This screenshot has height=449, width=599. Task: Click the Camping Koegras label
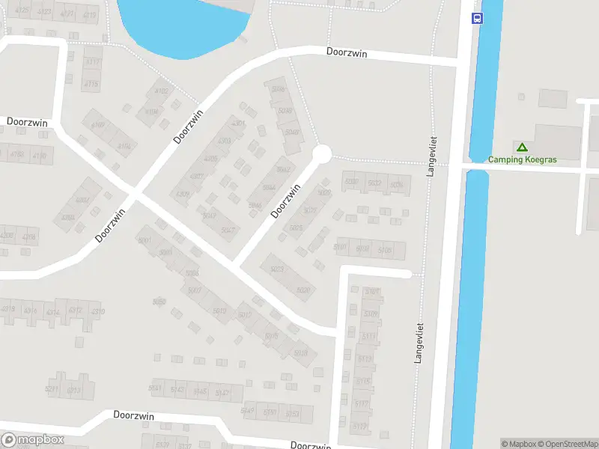[x=523, y=159]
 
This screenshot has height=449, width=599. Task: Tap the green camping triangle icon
[x=522, y=147]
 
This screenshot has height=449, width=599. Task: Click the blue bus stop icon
[x=476, y=18]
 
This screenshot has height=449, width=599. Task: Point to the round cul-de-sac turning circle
[x=321, y=154]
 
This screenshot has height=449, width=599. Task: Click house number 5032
[x=375, y=183]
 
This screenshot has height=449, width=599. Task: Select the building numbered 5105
[x=362, y=248]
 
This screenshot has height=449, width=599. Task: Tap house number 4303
[x=224, y=141]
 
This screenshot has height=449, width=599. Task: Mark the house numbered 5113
[x=362, y=359]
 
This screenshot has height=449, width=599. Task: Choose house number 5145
[x=200, y=391]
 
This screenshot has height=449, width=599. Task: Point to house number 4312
[x=75, y=311]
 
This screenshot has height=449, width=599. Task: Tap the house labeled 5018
[x=301, y=353]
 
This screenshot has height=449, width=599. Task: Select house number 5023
[x=297, y=227]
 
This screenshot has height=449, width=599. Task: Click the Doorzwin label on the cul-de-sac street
[x=285, y=201]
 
